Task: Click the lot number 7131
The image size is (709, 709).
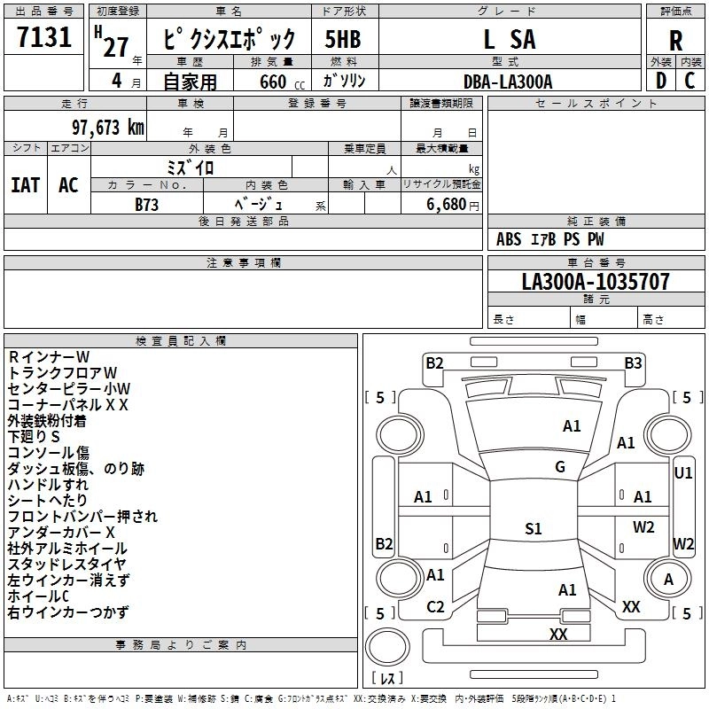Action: click(x=44, y=36)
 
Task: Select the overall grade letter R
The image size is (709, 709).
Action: click(x=675, y=41)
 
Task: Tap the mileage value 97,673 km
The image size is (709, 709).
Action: click(x=108, y=128)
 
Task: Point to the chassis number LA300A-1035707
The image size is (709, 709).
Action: click(x=596, y=281)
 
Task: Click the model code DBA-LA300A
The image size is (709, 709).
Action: click(x=508, y=82)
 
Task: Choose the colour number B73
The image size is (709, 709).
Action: click(x=147, y=205)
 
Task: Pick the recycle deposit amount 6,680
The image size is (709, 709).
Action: click(x=446, y=205)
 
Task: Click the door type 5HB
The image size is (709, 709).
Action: click(x=343, y=39)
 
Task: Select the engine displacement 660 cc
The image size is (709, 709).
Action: click(x=282, y=82)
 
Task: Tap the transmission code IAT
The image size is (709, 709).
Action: click(x=26, y=185)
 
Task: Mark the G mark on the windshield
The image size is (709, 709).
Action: click(x=560, y=467)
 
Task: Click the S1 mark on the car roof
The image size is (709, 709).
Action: click(x=534, y=528)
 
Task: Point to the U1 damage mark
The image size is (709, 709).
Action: click(x=682, y=473)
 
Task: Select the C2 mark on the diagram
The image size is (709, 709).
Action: click(x=435, y=607)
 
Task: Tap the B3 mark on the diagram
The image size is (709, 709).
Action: click(x=633, y=363)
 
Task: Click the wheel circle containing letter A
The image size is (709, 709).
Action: click(x=668, y=579)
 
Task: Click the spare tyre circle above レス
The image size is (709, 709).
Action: click(x=387, y=646)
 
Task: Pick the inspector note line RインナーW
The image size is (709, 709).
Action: click(x=49, y=357)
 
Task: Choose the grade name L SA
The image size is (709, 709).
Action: click(x=510, y=39)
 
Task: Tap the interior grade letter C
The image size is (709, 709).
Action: click(x=690, y=81)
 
